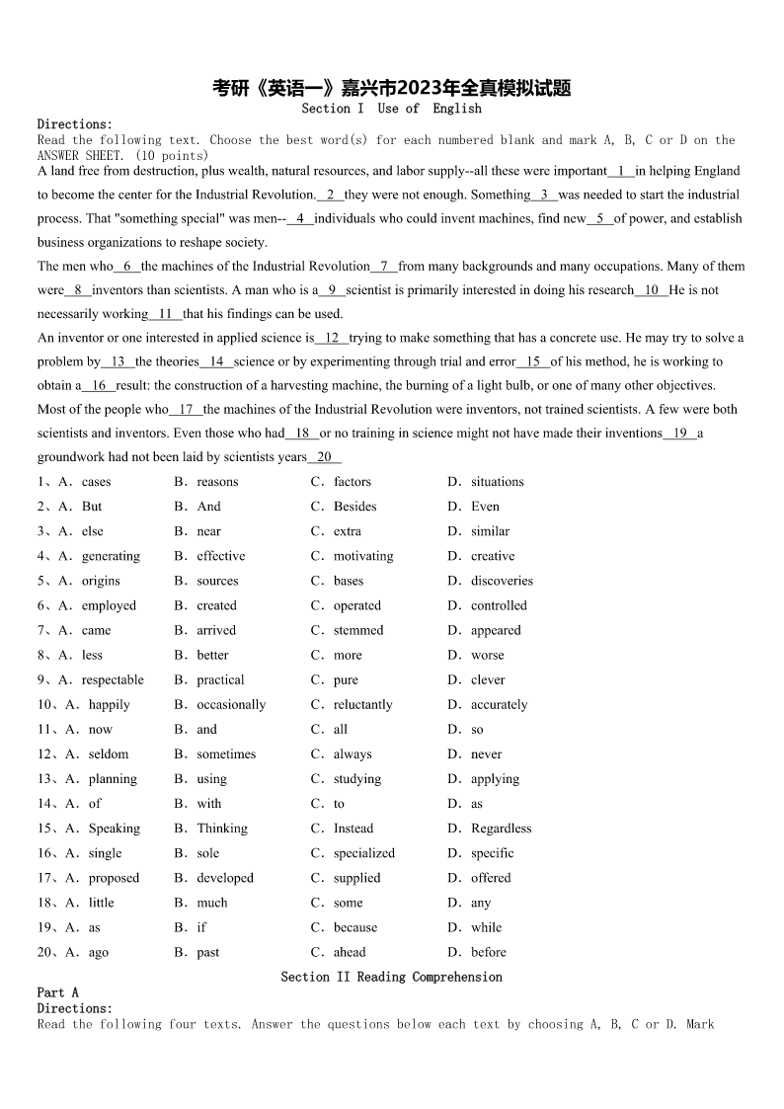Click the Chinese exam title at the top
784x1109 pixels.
tap(392, 88)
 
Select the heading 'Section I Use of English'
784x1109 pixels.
tap(392, 109)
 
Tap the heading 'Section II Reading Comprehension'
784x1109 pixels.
tap(392, 977)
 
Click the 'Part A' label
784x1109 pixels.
tap(57, 992)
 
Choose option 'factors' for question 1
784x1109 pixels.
tap(353, 482)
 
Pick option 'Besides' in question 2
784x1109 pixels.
tap(354, 507)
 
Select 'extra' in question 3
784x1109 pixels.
tap(347, 531)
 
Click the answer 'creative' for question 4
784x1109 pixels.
tap(493, 556)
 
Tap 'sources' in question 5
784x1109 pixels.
tap(217, 581)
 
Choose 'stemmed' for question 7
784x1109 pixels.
tap(358, 630)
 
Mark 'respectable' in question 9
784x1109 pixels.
tap(113, 679)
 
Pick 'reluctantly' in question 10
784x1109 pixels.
tap(362, 704)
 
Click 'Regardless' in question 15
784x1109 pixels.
tap(501, 829)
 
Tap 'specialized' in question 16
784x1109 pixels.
tap(363, 853)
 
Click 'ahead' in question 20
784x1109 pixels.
tap(350, 952)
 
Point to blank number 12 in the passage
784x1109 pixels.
tap(333, 338)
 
